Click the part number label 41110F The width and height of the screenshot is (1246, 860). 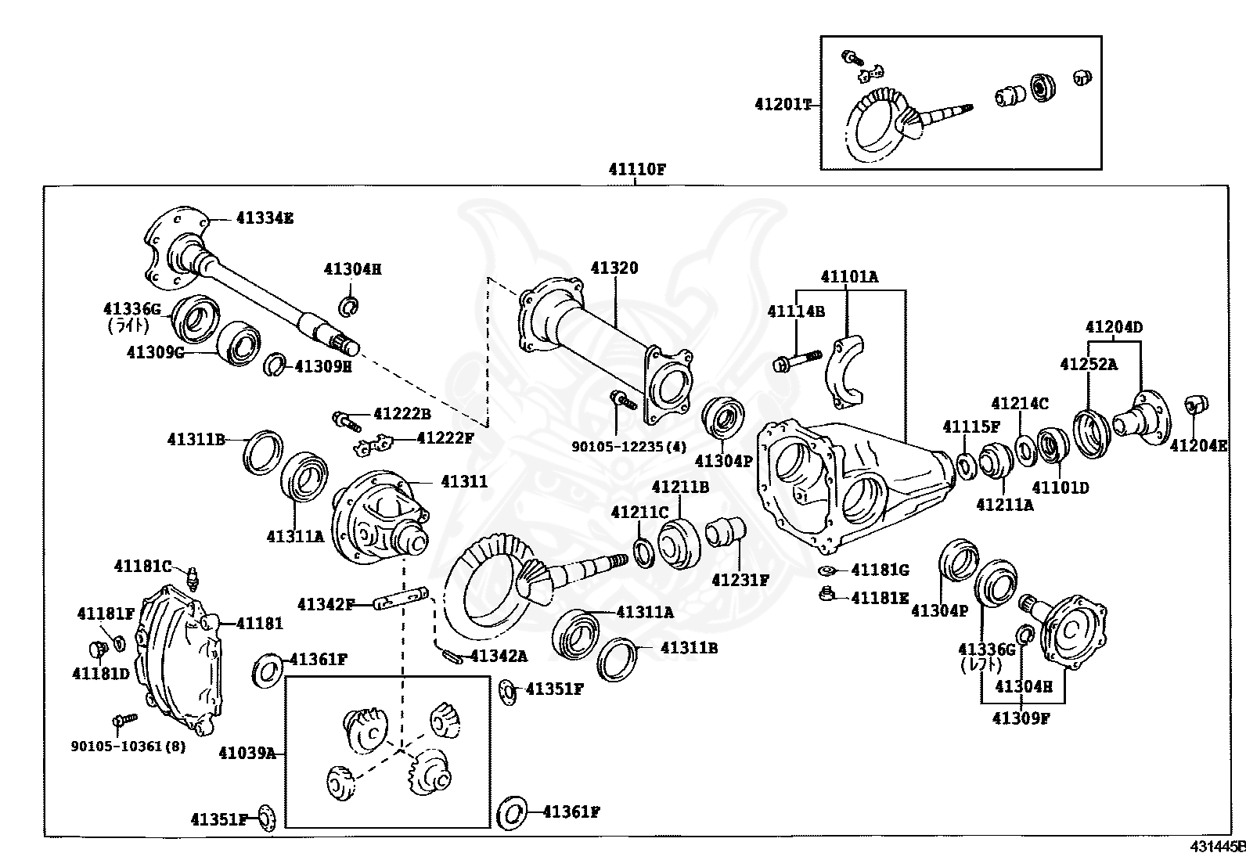pyautogui.click(x=636, y=168)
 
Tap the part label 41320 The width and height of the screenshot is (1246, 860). pyautogui.click(x=614, y=268)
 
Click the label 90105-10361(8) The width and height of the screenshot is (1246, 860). pyautogui.click(x=128, y=746)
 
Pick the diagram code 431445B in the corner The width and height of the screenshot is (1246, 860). pyautogui.click(x=1217, y=847)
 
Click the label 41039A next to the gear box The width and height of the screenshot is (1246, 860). pyautogui.click(x=247, y=753)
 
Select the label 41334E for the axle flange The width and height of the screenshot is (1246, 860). pyautogui.click(x=265, y=218)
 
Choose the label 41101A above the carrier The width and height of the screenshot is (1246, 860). pyautogui.click(x=849, y=276)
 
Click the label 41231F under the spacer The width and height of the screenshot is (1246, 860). pyautogui.click(x=740, y=580)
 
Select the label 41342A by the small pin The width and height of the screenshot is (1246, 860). pyautogui.click(x=449, y=654)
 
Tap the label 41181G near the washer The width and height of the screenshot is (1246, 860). pyautogui.click(x=880, y=570)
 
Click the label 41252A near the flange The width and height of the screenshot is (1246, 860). pyautogui.click(x=1089, y=364)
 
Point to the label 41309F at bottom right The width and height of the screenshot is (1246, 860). pyautogui.click(x=1021, y=717)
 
